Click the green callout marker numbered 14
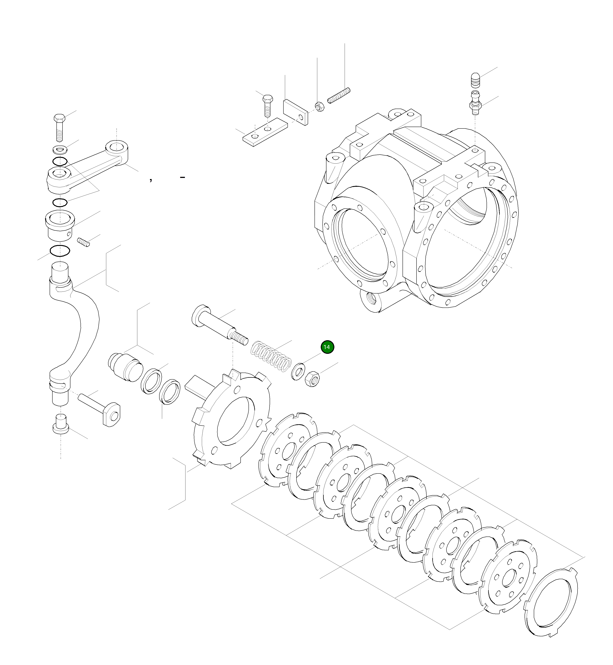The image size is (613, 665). pos(327,347)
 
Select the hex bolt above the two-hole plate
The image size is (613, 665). pos(267,105)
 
